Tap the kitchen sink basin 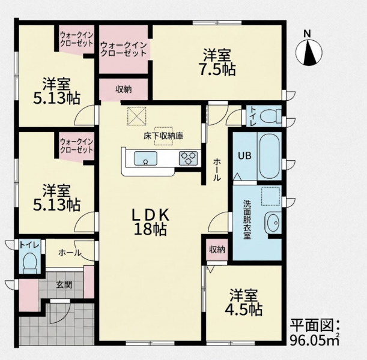145,158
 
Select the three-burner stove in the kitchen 188,158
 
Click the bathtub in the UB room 269,156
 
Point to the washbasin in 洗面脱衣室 273,223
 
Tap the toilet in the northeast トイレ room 270,116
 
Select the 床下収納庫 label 163,136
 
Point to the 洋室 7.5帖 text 217,62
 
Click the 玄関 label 64,285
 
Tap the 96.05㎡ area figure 315,340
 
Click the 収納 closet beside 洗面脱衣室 217,250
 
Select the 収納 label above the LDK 124,89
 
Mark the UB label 244,155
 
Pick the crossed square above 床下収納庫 137,116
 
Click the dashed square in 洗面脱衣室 270,196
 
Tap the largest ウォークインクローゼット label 123,49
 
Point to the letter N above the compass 307,34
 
